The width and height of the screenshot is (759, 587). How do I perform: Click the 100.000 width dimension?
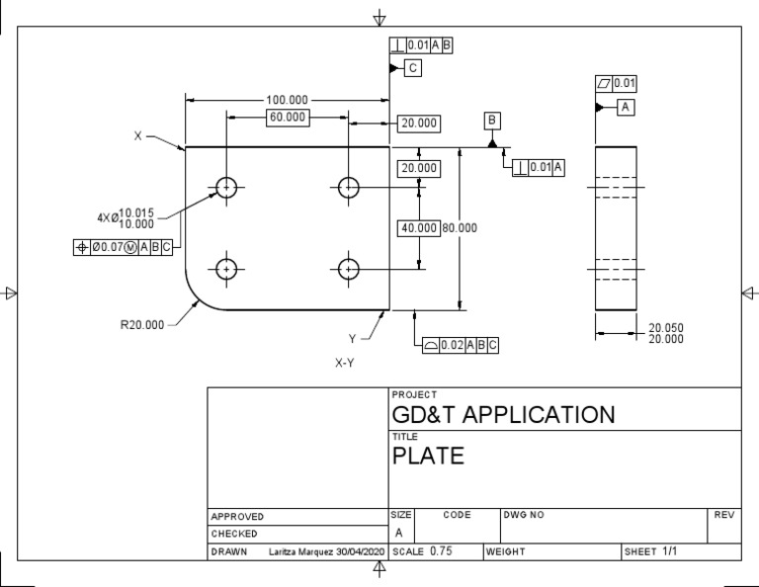point(287,100)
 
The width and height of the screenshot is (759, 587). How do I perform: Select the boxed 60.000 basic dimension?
point(287,118)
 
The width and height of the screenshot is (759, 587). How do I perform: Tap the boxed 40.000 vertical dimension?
point(418,228)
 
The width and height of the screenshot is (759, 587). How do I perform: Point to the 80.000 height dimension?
point(460,228)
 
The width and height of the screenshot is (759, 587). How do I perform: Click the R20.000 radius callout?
point(142,324)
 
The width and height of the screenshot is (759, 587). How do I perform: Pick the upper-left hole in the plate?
point(227,187)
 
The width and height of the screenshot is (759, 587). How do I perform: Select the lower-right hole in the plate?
point(349,268)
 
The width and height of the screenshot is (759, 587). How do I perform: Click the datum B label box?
point(492,121)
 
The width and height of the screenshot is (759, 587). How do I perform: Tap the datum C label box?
point(413,67)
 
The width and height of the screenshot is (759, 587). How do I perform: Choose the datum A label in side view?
point(626,107)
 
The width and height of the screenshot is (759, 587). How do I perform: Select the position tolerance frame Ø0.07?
point(124,247)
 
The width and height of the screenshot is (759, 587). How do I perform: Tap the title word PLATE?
point(428,457)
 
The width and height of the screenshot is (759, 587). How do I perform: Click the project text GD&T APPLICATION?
point(503,414)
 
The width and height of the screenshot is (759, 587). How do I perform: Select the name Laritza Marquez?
point(302,551)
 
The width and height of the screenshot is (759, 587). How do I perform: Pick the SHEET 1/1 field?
point(651,551)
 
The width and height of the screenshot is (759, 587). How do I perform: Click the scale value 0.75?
point(441,551)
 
